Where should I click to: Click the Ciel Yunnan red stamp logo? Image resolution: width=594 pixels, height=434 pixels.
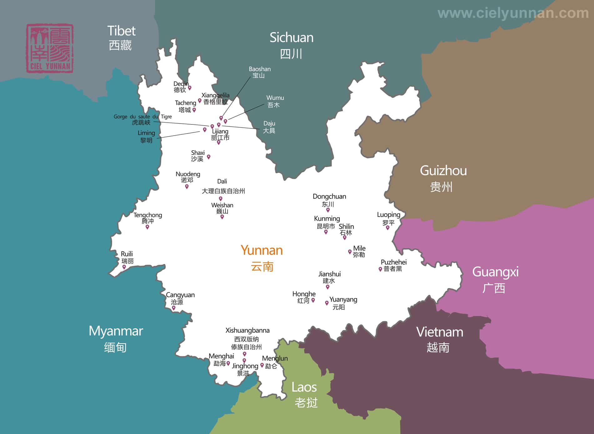(50, 48)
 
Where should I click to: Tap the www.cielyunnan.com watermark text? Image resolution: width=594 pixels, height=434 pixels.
(513, 13)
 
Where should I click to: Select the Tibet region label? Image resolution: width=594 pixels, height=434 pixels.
(121, 38)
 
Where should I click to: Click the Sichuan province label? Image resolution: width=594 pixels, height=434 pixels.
(291, 45)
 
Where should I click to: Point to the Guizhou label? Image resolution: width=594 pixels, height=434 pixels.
(443, 178)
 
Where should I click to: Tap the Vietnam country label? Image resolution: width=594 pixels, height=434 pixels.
(439, 339)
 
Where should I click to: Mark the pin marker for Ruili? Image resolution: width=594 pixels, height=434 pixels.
(124, 267)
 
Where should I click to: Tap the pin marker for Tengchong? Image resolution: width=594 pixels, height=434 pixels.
(147, 227)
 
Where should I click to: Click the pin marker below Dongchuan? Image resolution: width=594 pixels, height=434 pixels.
(328, 210)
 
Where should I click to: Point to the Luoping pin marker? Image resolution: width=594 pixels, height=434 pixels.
(388, 228)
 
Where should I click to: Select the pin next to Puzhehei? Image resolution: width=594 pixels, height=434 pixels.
(380, 269)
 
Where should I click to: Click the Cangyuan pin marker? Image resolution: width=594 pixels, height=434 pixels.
(174, 308)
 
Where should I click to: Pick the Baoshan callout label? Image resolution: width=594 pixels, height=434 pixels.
(259, 72)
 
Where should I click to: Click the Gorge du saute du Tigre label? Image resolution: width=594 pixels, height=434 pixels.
(143, 119)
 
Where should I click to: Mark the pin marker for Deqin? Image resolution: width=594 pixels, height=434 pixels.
(189, 88)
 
